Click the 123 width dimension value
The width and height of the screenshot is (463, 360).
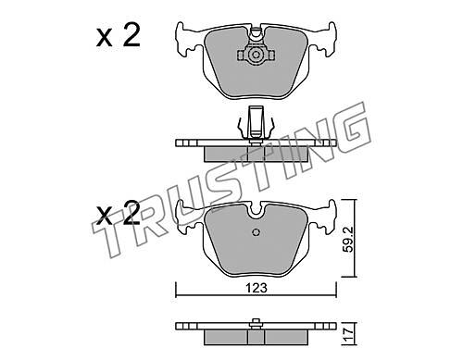click(257, 289)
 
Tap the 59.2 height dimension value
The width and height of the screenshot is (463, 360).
click(349, 240)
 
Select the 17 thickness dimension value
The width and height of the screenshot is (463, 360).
click(349, 334)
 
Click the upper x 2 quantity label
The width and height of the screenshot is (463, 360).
click(119, 35)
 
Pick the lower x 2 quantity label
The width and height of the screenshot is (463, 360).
click(119, 213)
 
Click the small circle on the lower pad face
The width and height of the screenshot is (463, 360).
click(257, 232)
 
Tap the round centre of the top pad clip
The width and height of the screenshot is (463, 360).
click(256, 56)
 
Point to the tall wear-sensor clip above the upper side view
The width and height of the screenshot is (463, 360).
click(256, 122)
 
